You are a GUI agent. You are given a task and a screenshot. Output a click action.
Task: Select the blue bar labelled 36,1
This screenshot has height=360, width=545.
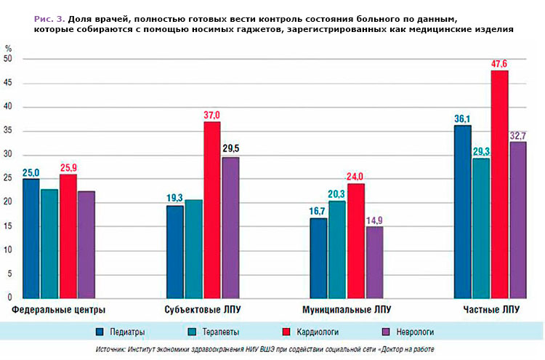coord(462,211)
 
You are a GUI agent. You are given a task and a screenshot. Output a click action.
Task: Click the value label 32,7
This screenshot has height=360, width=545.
coord(519,135)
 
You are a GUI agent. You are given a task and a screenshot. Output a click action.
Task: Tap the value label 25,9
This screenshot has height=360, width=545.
coord(68,168)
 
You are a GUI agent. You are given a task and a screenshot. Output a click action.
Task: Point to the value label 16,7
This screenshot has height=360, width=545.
coord(318,212)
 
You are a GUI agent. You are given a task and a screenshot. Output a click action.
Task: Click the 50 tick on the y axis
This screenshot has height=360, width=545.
coord(8,60)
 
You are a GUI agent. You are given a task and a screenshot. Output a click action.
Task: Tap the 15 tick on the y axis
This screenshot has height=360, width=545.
coord(8,226)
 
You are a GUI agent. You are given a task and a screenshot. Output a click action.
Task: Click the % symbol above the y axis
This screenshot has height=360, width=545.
coord(8,48)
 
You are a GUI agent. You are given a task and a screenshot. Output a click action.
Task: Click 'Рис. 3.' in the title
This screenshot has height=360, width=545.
coord(49,15)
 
